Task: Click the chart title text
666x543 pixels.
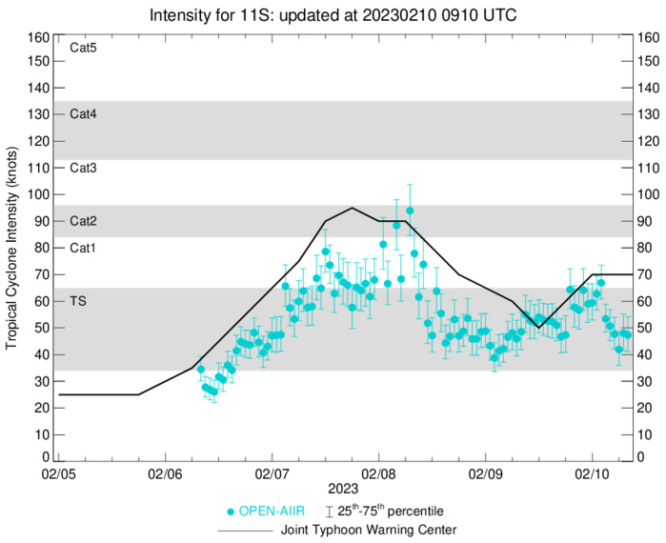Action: click(333, 16)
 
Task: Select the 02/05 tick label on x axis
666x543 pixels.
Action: click(59, 473)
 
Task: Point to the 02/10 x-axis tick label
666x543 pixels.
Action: click(593, 473)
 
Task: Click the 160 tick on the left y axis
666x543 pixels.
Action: click(37, 38)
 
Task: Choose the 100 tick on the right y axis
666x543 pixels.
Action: click(648, 194)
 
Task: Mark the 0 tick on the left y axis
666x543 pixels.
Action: click(44, 458)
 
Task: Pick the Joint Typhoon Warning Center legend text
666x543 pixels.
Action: click(367, 530)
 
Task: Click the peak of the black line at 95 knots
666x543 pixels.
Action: click(353, 208)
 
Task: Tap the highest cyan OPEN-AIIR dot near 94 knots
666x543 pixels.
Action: click(410, 211)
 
